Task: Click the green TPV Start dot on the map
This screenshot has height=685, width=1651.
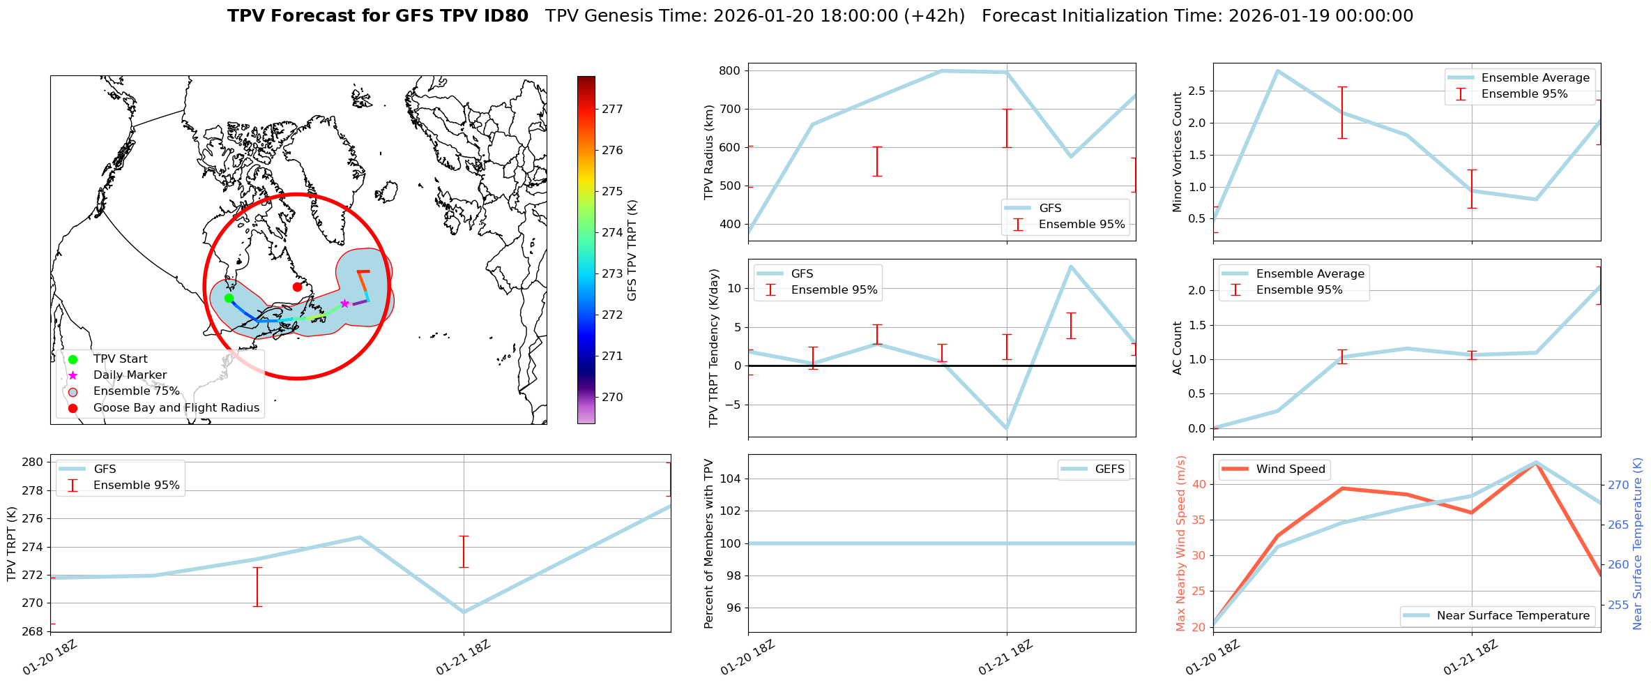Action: tap(229, 298)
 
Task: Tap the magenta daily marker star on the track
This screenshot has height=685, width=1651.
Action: tap(344, 303)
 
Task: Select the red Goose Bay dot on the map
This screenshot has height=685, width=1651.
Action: tap(297, 287)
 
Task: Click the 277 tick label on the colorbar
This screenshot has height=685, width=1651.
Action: tap(612, 109)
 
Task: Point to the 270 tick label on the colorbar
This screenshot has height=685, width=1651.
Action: tap(612, 397)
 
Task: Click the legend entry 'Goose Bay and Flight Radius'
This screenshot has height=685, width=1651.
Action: tap(176, 407)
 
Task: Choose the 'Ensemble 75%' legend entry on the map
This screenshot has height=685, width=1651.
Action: tap(136, 391)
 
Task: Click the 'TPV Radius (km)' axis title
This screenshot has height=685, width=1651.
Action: tap(710, 152)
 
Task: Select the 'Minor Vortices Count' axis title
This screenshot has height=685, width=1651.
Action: tap(1178, 152)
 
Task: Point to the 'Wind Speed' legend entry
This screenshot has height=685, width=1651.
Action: tap(1290, 469)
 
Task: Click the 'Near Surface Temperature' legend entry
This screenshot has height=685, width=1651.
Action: tap(1513, 615)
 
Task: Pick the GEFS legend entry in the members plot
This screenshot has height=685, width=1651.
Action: tap(1109, 469)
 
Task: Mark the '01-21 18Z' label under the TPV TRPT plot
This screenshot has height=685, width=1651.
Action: tap(464, 657)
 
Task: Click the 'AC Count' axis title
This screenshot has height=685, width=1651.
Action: tap(1178, 347)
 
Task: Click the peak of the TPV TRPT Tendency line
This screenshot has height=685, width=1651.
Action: tap(1070, 266)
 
